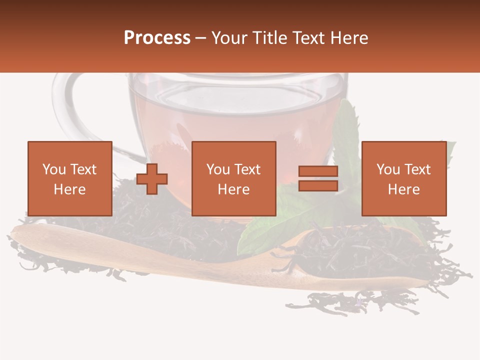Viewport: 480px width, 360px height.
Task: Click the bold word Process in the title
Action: (x=157, y=38)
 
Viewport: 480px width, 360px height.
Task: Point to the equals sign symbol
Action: (x=318, y=178)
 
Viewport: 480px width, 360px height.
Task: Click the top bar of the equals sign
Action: (x=318, y=171)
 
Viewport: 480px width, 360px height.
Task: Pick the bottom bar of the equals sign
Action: (x=318, y=185)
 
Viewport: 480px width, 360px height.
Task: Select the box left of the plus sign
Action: (x=70, y=178)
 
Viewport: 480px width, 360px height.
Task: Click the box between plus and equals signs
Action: (x=234, y=178)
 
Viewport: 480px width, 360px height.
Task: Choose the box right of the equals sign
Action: (x=404, y=178)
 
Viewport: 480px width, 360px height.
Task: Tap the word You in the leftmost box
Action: (x=53, y=169)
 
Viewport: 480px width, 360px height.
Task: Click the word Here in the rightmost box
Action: (x=404, y=189)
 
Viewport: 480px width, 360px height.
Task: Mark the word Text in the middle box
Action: (x=247, y=169)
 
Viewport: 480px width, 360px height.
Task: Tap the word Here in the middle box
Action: (x=234, y=189)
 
